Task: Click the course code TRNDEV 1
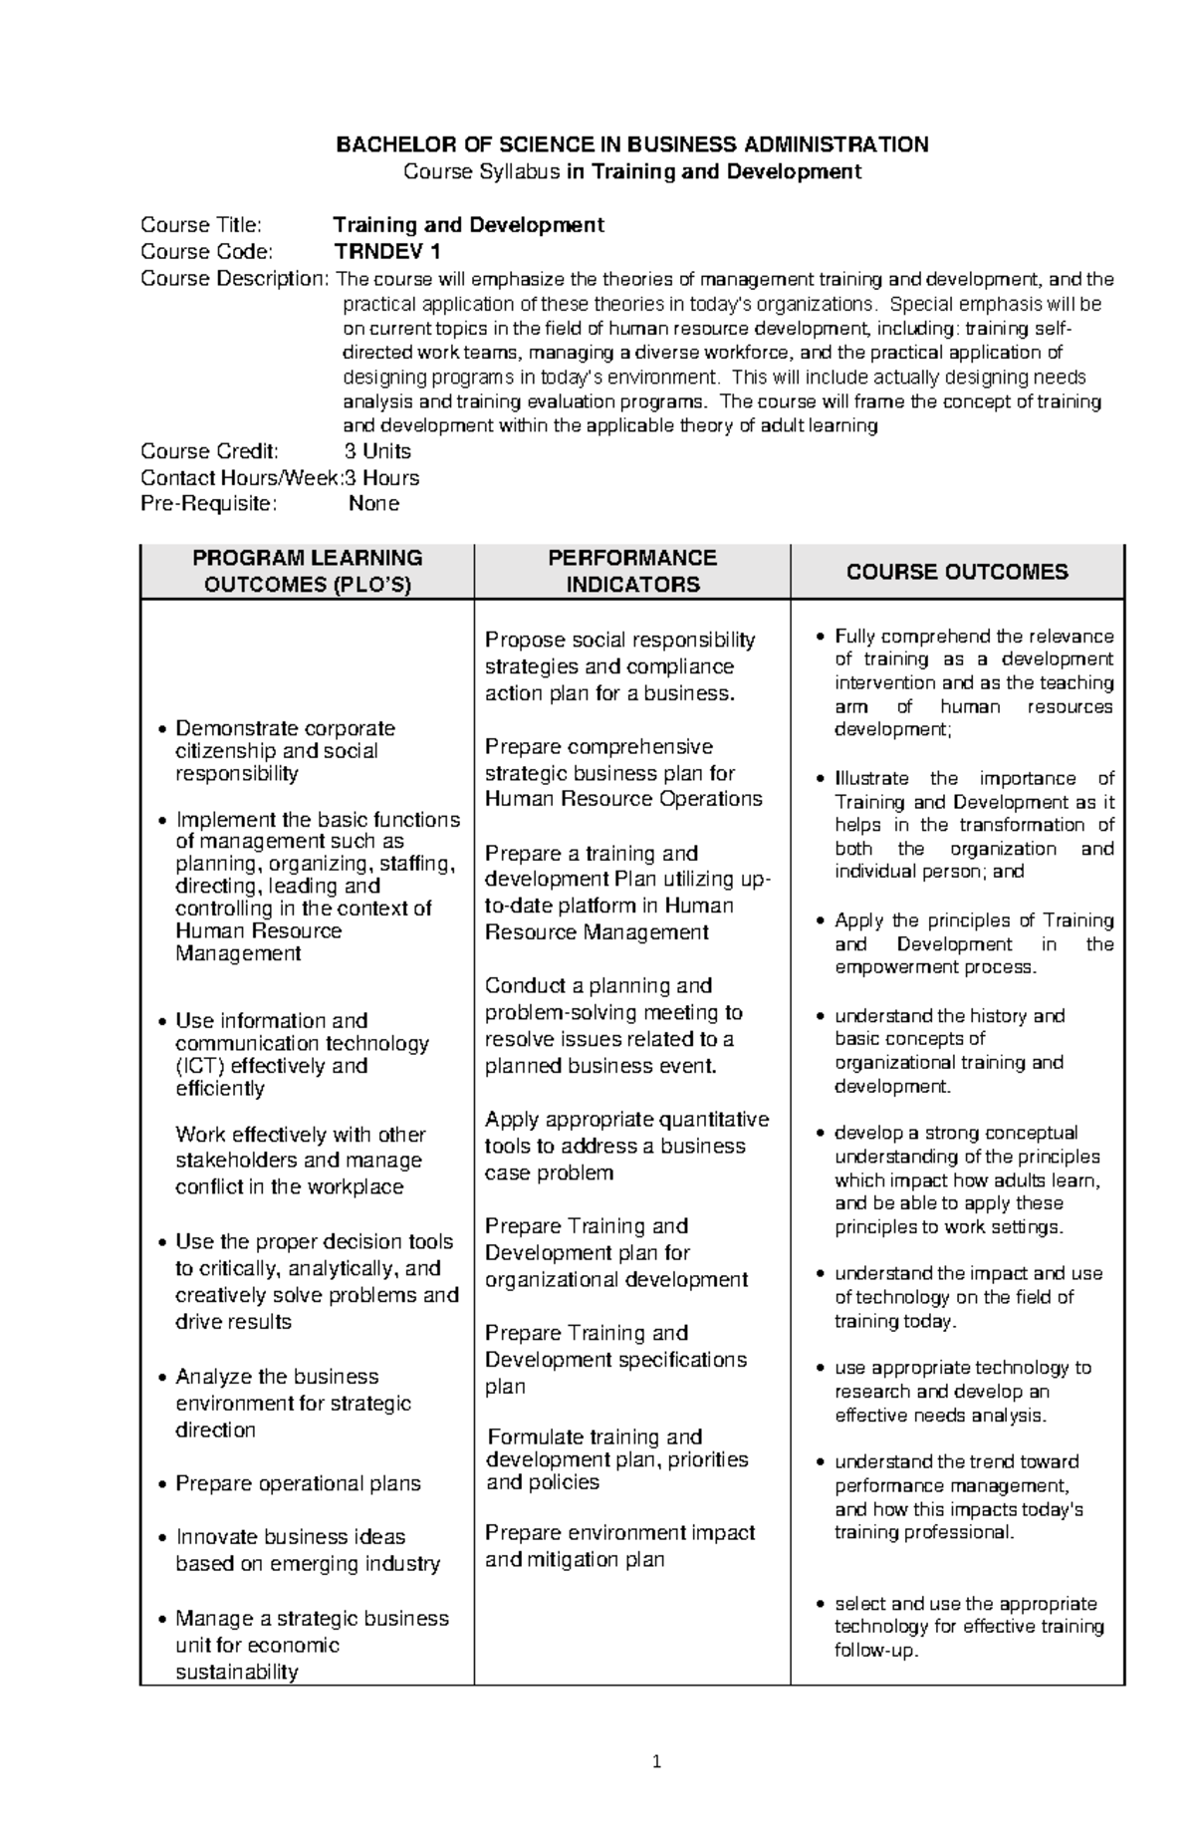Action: (386, 251)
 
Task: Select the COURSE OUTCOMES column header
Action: (956, 572)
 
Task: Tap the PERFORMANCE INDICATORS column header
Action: (632, 571)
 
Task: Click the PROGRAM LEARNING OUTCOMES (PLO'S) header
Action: (307, 571)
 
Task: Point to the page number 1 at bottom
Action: (656, 1762)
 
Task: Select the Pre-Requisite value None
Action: (373, 504)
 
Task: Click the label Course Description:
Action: (233, 279)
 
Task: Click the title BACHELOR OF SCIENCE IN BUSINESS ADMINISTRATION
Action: (631, 144)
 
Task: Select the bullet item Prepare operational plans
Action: (298, 1483)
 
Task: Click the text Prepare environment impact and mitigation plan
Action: (619, 1546)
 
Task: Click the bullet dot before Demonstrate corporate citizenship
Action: (163, 730)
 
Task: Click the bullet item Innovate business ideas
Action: (290, 1537)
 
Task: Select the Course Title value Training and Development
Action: (468, 225)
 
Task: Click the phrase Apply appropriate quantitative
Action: (626, 1120)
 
